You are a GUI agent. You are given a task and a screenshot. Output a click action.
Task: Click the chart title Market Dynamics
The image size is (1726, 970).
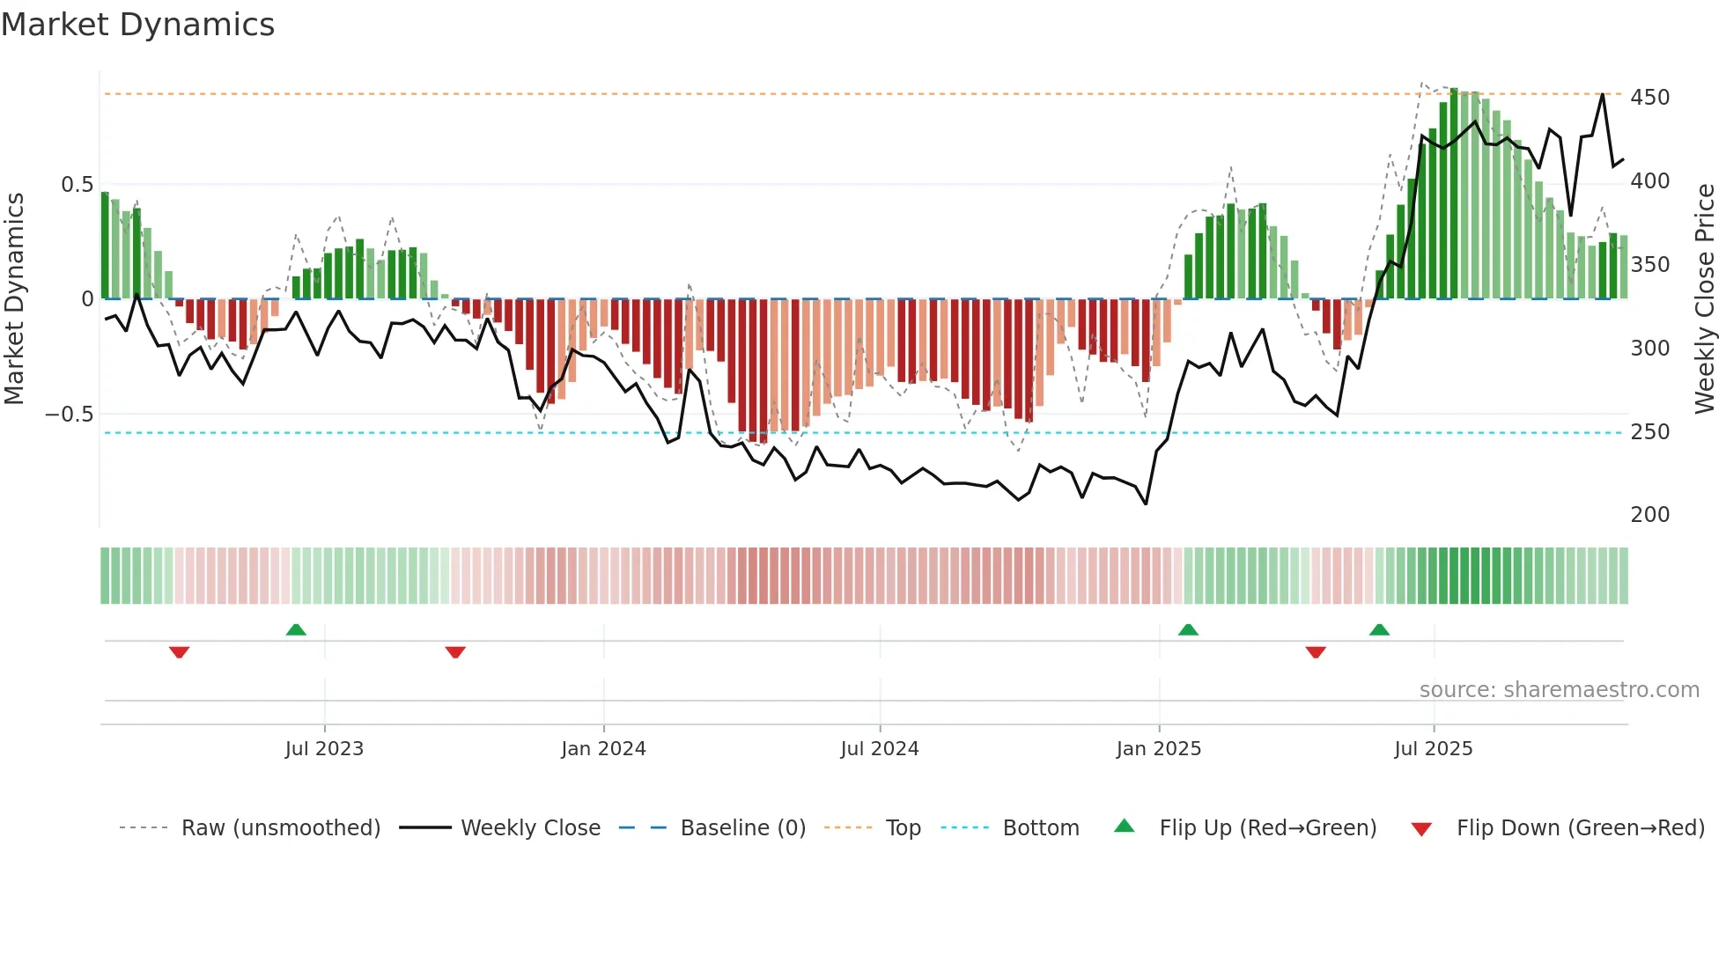[x=137, y=25]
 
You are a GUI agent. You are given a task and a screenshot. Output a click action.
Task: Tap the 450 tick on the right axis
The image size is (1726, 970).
[x=1649, y=97]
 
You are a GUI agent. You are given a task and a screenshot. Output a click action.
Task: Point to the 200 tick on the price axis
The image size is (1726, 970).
[x=1649, y=515]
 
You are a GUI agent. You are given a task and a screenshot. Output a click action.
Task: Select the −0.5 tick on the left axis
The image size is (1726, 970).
[x=70, y=415]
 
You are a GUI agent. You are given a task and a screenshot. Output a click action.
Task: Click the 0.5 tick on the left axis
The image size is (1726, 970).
[x=77, y=185]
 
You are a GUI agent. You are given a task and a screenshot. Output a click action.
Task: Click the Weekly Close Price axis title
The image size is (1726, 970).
[x=1705, y=298]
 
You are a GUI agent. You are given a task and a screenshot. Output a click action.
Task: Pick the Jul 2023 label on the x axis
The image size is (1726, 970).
[x=324, y=749]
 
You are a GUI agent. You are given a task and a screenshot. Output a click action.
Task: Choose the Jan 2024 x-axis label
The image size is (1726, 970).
[x=603, y=749]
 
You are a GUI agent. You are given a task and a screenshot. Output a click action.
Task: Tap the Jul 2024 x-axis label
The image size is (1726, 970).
[x=879, y=749]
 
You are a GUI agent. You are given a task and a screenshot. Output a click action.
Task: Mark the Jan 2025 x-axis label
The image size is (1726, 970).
[x=1158, y=749]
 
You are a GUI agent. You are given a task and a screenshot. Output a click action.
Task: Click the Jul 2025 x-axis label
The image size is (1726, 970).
[x=1433, y=749]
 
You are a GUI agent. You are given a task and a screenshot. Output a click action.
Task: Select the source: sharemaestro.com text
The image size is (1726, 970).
[x=1559, y=690]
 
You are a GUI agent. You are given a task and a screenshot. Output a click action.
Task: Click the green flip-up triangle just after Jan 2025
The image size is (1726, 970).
[x=1188, y=630]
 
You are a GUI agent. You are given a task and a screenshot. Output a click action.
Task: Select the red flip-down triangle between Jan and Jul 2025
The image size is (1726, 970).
[x=1316, y=652]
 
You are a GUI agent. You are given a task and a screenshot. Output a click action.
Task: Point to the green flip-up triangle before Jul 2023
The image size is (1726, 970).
[x=296, y=630]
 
